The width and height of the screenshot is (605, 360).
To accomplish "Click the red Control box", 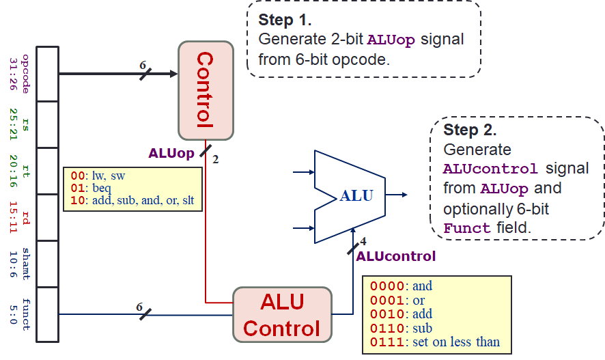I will (206, 90).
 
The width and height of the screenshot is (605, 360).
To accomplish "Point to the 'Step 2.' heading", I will (470, 130).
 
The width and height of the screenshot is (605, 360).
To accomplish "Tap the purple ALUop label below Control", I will (171, 154).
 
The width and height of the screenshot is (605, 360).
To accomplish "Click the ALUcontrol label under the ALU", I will (395, 257).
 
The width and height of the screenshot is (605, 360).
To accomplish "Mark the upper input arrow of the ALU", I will (303, 172).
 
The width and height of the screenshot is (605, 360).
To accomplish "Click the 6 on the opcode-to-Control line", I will (143, 65).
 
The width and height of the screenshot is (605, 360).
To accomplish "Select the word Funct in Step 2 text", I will (466, 228).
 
